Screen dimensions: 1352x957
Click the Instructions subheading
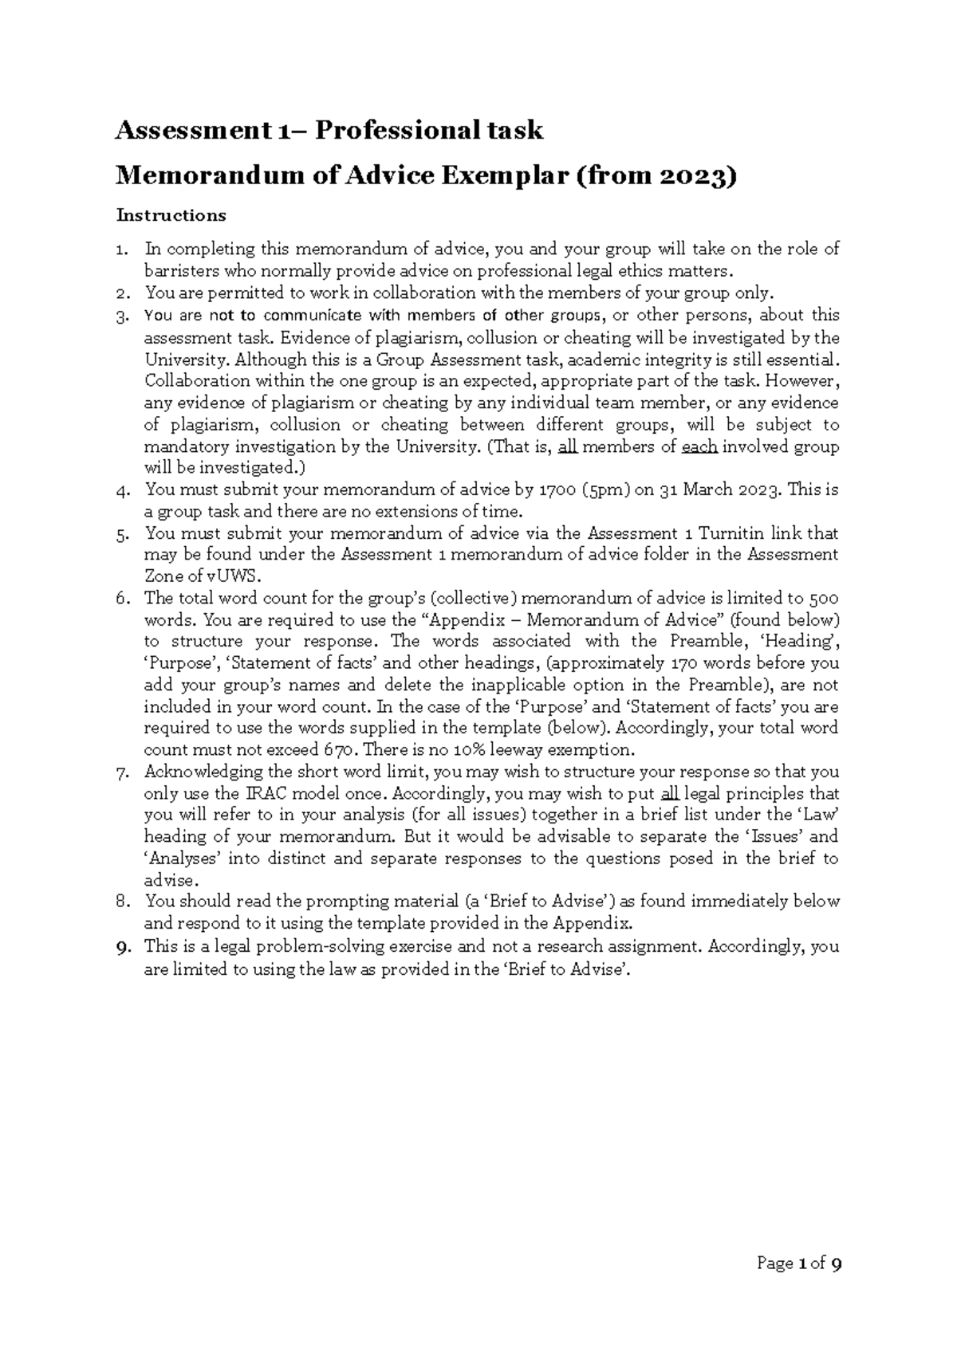coord(171,215)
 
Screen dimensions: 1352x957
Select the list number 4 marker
coord(122,490)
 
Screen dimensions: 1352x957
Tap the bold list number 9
coord(122,947)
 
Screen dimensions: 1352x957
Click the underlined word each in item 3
coord(700,446)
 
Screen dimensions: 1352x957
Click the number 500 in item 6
coord(824,598)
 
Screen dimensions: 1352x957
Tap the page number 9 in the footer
coord(836,1264)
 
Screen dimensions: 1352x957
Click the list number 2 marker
coord(122,293)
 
